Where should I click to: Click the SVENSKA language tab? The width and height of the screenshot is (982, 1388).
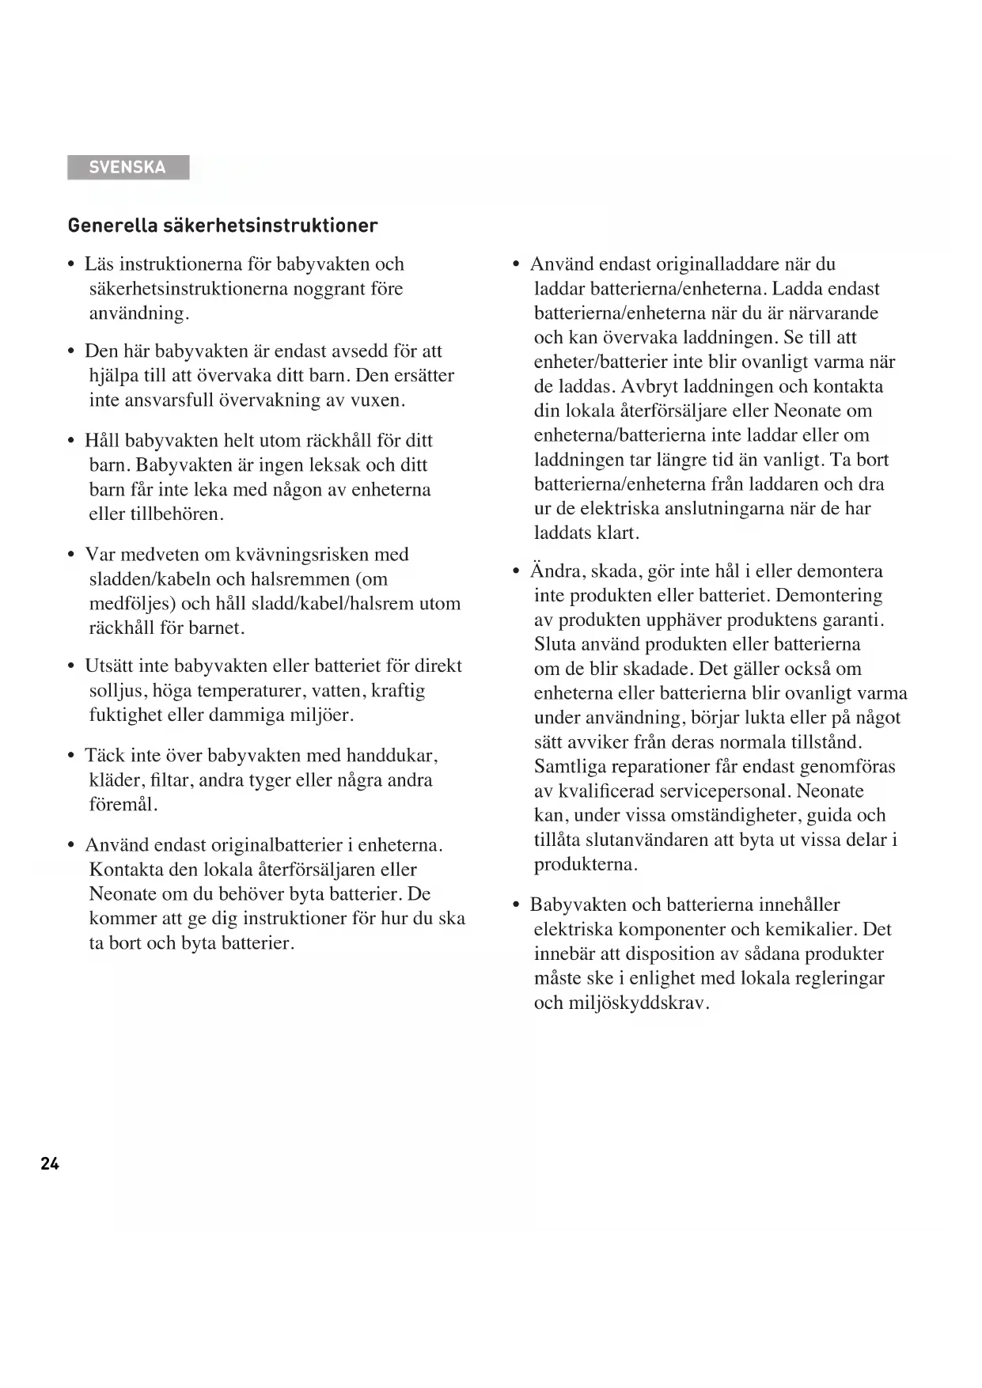[127, 167]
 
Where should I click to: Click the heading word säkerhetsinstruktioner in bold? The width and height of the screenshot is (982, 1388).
[271, 226]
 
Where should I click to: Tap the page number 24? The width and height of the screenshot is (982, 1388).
[50, 1163]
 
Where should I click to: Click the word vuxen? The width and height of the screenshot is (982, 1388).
[377, 400]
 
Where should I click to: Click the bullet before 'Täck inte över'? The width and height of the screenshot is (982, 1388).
[72, 757]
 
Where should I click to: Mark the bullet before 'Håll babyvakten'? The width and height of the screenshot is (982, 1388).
[72, 442]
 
